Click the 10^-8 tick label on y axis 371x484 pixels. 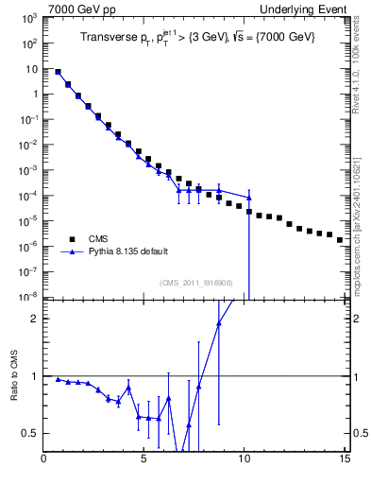pos(28,297)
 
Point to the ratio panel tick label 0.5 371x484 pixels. pos(31,434)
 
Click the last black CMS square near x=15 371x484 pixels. pos(340,240)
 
